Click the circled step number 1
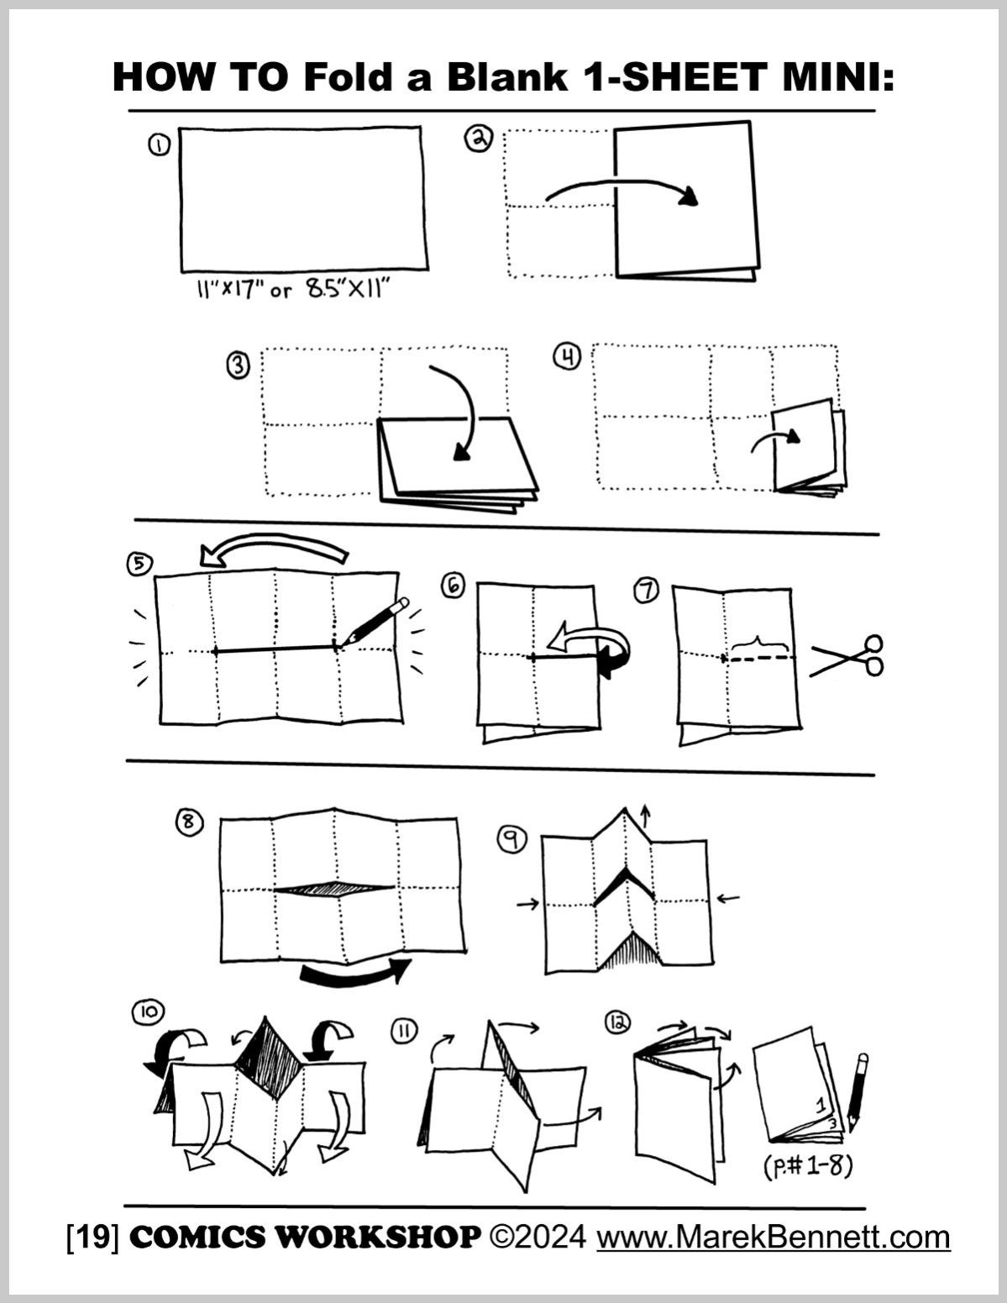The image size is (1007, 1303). [x=160, y=145]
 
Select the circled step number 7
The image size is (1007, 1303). [x=646, y=591]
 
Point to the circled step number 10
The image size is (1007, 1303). [x=148, y=1013]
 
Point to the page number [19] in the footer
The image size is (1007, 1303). [x=92, y=1237]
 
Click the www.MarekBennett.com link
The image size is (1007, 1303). [x=773, y=1237]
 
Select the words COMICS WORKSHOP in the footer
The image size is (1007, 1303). [x=306, y=1237]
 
